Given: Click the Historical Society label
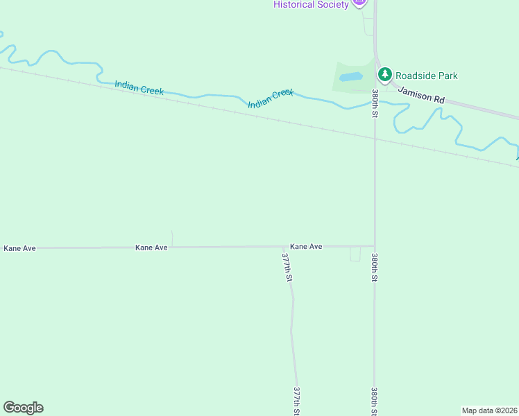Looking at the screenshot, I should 310,5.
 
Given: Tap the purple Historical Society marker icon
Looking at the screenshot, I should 359,2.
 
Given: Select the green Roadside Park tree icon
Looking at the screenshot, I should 384,74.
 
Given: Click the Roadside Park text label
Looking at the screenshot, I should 427,76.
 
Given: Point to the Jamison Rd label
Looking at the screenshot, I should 421,95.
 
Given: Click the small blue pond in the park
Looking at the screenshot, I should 351,77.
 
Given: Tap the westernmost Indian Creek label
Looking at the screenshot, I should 139,87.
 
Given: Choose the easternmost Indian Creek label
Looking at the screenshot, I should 271,98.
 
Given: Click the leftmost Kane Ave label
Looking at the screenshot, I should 19,248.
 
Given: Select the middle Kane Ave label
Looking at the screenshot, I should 152,248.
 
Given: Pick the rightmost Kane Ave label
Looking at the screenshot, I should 306,246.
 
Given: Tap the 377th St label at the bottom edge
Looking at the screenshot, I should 297,401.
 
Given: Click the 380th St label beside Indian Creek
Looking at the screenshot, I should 375,103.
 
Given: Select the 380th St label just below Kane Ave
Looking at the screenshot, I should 375,268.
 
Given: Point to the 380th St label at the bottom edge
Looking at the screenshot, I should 375,401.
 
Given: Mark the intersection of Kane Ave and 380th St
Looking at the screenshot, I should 375,246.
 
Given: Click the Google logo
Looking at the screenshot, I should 23,408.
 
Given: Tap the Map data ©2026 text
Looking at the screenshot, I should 490,410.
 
